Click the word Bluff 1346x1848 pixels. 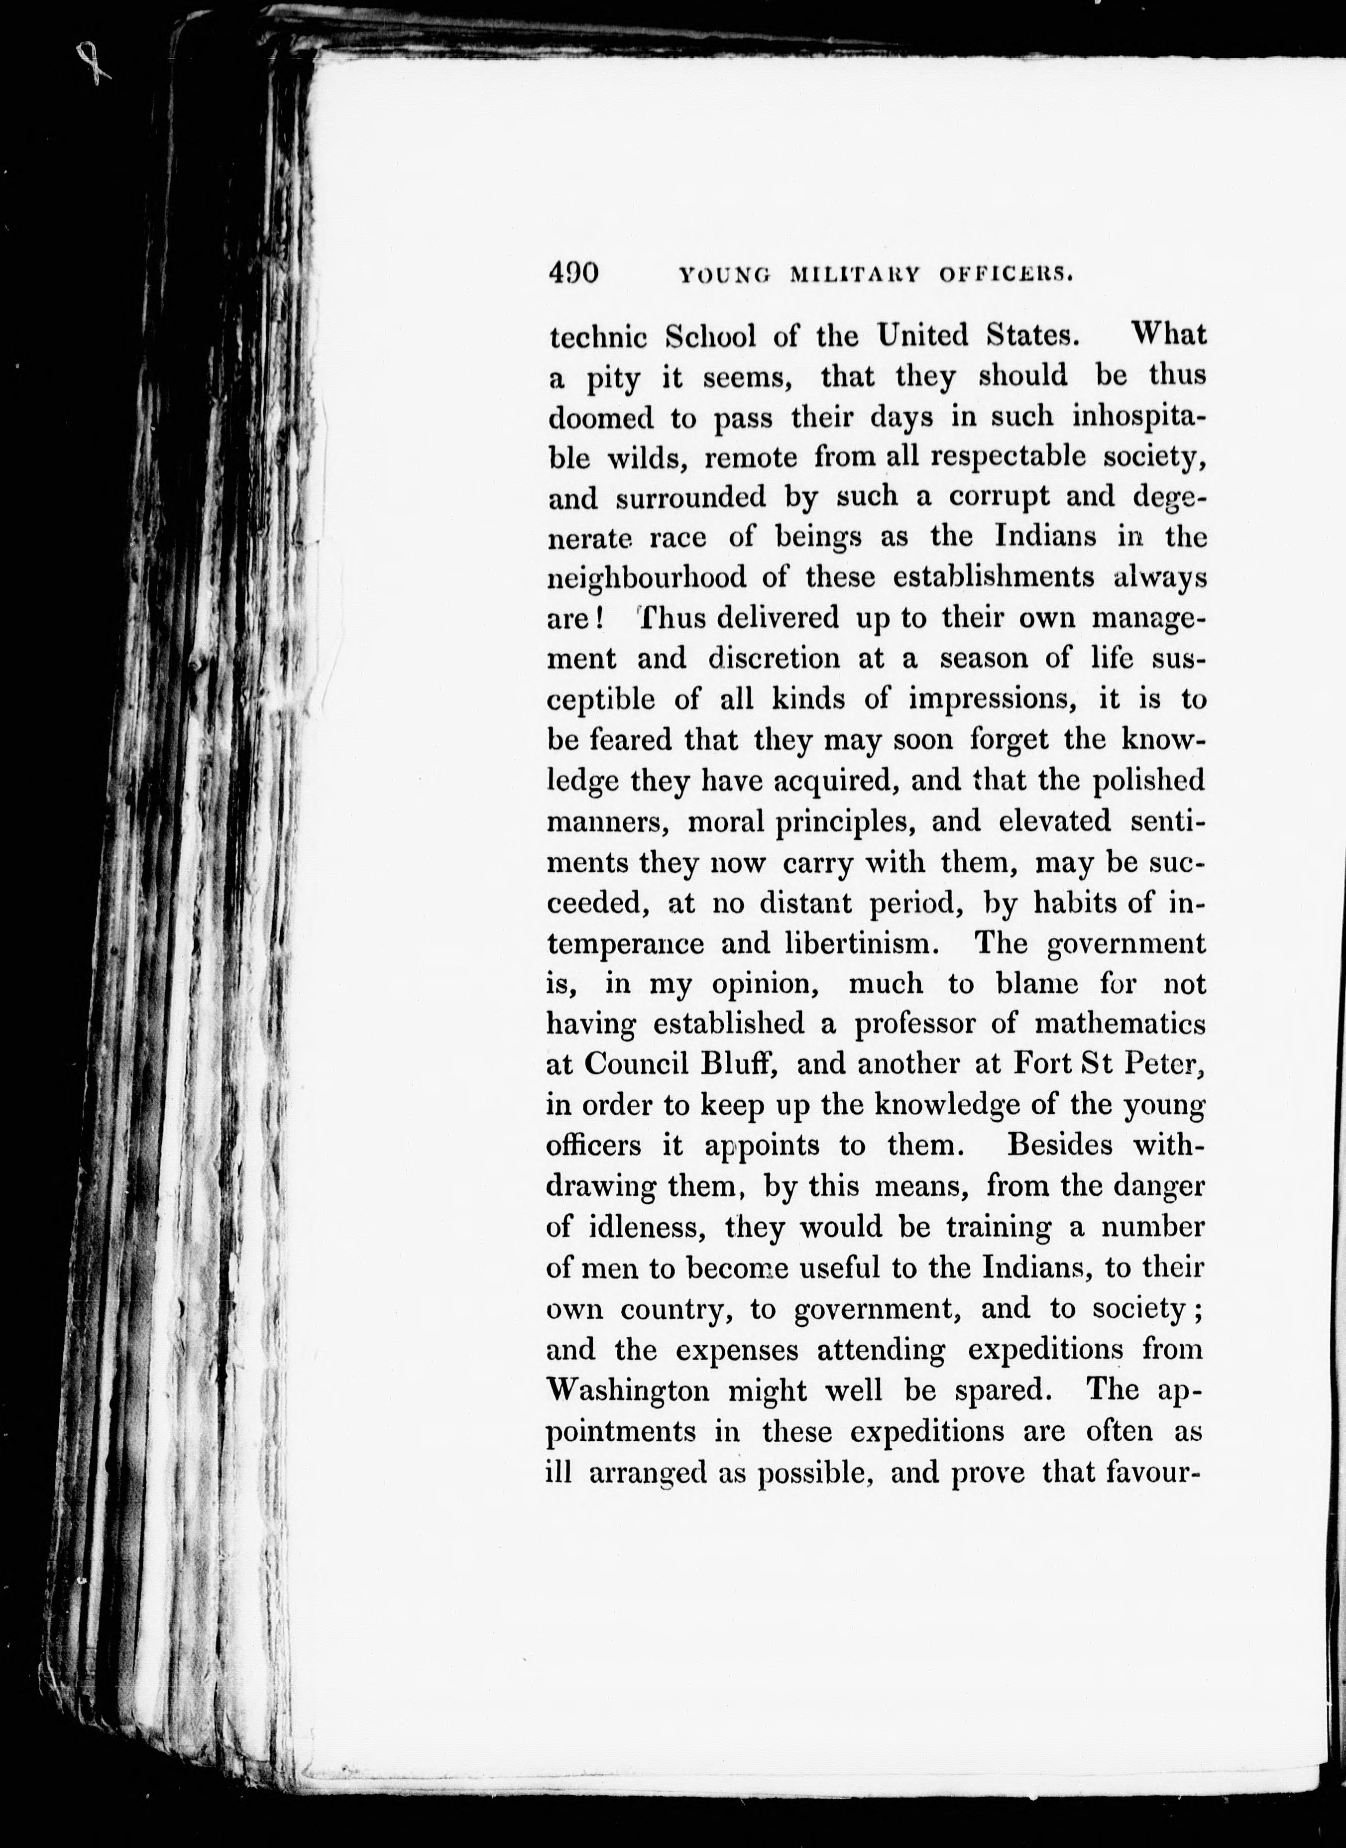(x=743, y=1064)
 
